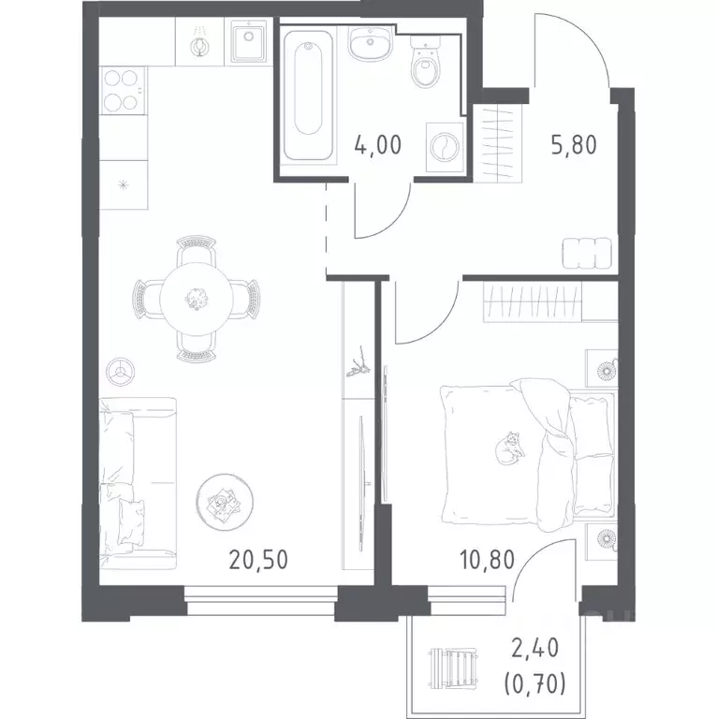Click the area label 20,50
(x=258, y=560)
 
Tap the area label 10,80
(x=487, y=560)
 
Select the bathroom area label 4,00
(x=378, y=145)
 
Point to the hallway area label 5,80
(x=574, y=145)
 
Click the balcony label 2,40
(x=535, y=649)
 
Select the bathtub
(x=308, y=95)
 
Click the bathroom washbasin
(x=371, y=43)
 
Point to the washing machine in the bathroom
(x=445, y=147)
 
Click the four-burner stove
(x=123, y=90)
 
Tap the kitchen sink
(x=248, y=41)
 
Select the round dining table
(x=197, y=299)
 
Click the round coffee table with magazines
(x=225, y=502)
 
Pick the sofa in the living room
(x=138, y=483)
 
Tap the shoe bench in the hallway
(x=587, y=253)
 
